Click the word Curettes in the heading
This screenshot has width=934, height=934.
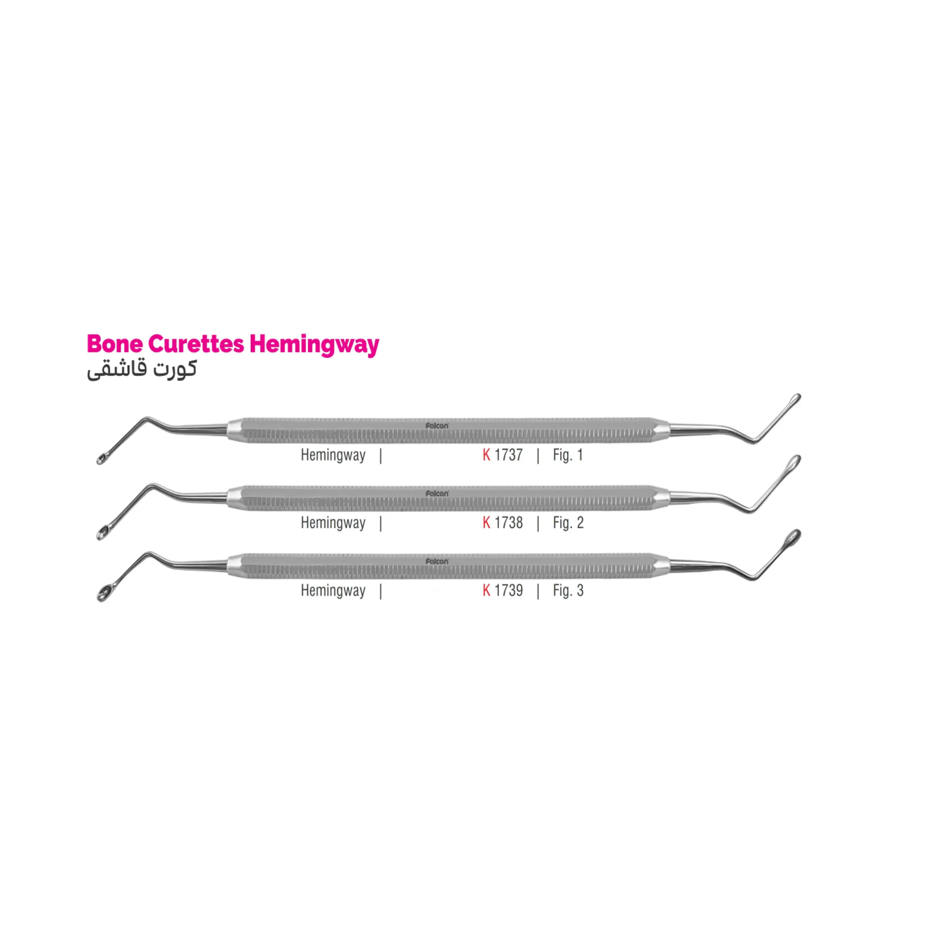coord(196,344)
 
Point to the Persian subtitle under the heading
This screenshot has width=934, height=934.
coord(142,370)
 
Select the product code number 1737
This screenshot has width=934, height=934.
coord(508,455)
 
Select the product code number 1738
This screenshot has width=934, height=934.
coord(508,523)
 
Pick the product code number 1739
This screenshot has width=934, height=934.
coord(508,590)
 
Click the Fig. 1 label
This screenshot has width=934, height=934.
coord(568,455)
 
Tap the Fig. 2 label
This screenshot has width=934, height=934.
coord(568,523)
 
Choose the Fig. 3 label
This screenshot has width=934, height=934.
coord(568,590)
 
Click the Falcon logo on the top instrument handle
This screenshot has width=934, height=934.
coord(437,426)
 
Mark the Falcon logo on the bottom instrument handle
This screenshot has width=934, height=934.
coord(437,561)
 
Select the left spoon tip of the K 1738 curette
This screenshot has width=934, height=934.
coord(102,533)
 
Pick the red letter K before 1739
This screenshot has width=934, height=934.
coord(486,590)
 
